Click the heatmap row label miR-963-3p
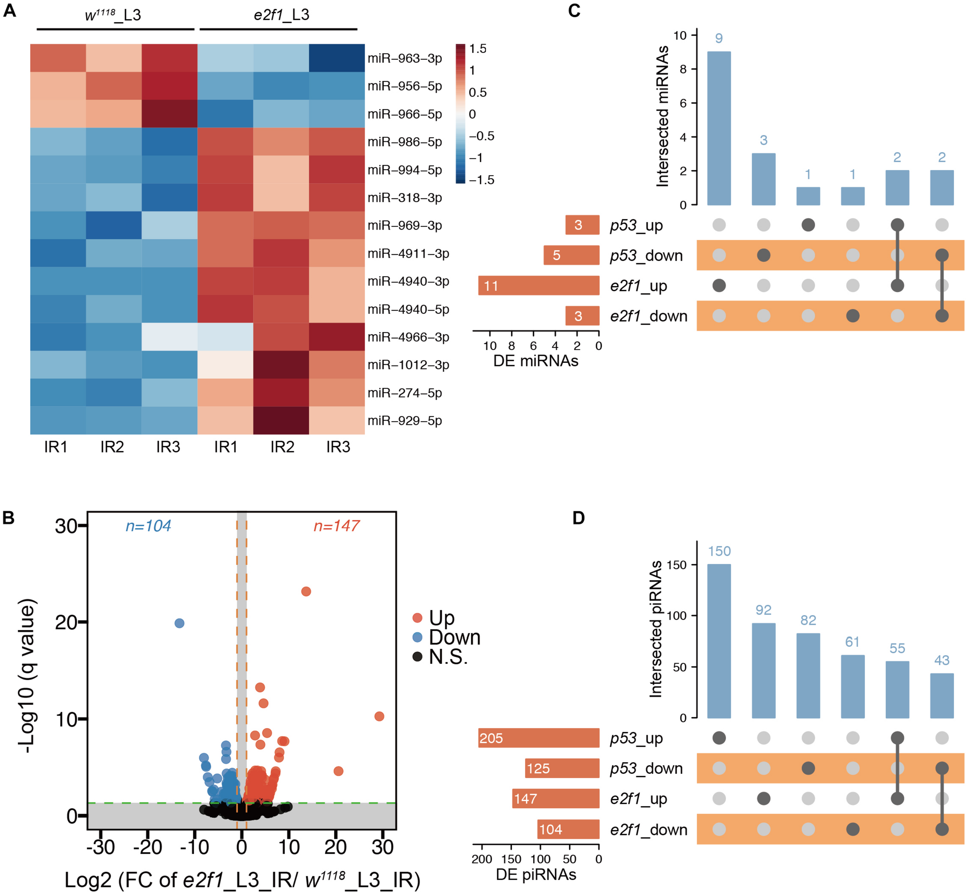pyautogui.click(x=405, y=58)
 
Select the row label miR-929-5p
pyautogui.click(x=405, y=421)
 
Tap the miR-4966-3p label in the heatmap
pyautogui.click(x=408, y=337)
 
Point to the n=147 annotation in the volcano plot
pyautogui.click(x=336, y=526)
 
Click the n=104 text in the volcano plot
pyautogui.click(x=148, y=526)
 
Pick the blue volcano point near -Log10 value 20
pyautogui.click(x=179, y=623)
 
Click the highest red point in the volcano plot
pyautogui.click(x=306, y=591)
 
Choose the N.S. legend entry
pyautogui.click(x=448, y=657)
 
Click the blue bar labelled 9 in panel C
pyautogui.click(x=719, y=128)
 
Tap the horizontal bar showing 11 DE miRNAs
pyautogui.click(x=539, y=286)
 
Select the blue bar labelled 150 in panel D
pyautogui.click(x=719, y=641)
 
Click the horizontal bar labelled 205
pyautogui.click(x=539, y=738)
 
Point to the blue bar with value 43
pyautogui.click(x=942, y=696)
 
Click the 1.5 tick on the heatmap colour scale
pyautogui.click(x=478, y=49)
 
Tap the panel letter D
pyautogui.click(x=578, y=518)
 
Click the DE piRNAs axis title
pyautogui.click(x=536, y=875)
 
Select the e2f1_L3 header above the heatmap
pyautogui.click(x=281, y=15)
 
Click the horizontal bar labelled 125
pyautogui.click(x=562, y=769)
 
